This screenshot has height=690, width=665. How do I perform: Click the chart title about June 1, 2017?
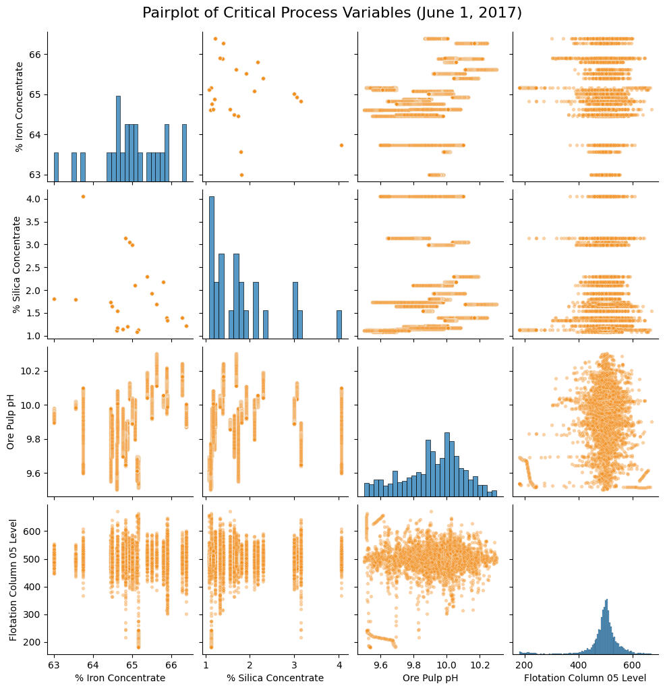pyautogui.click(x=332, y=13)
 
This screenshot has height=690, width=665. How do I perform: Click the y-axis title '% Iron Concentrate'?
pyautogui.click(x=19, y=106)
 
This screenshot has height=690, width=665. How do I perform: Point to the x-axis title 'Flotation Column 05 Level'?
pyautogui.click(x=584, y=678)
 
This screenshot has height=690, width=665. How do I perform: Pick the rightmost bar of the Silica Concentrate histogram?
pyautogui.click(x=339, y=323)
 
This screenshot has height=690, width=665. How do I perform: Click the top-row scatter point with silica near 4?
pyautogui.click(x=341, y=145)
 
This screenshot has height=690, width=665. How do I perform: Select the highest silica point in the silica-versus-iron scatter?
pyautogui.click(x=83, y=196)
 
